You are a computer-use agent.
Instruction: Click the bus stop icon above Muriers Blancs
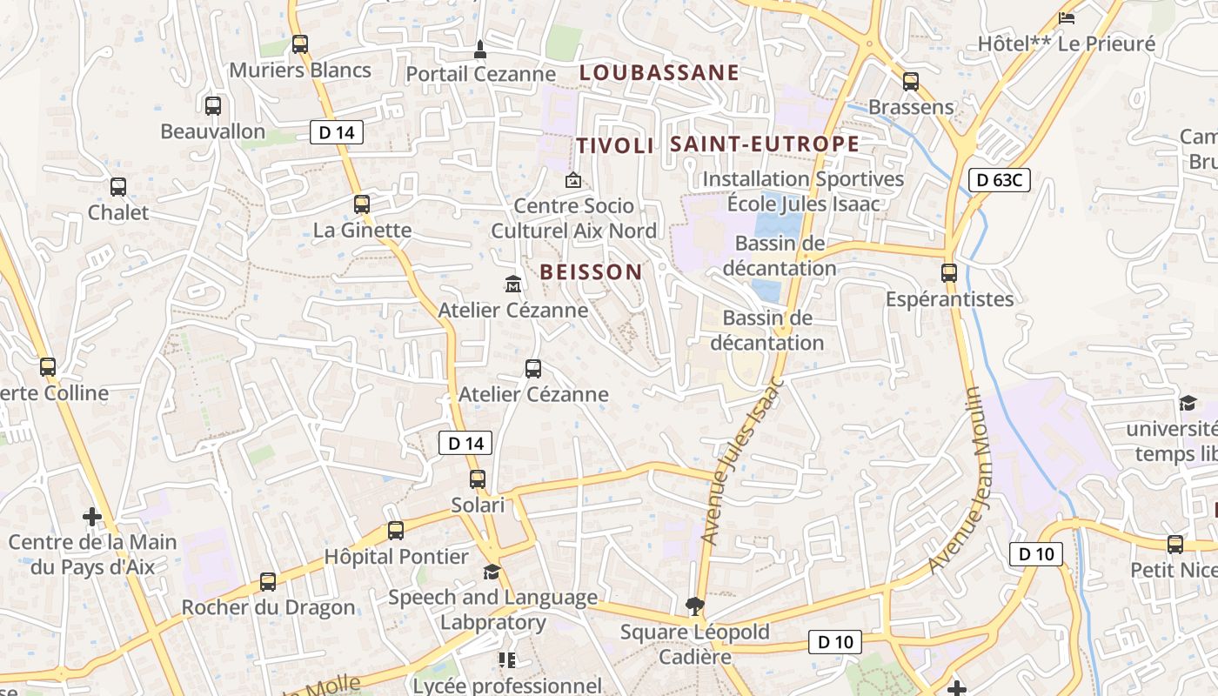tap(300, 44)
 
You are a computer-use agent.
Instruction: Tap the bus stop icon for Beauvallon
tap(213, 106)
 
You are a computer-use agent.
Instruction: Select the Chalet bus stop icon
tap(118, 187)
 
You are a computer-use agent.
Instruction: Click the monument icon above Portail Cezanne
tap(479, 49)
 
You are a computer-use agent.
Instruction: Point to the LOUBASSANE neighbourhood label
tap(659, 73)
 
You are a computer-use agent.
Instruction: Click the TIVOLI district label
tap(615, 145)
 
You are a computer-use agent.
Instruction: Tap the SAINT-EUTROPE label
tap(765, 144)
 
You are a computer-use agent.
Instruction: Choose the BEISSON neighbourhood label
tap(591, 271)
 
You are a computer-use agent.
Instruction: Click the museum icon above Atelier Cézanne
tap(513, 284)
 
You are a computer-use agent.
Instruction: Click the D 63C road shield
tap(1000, 181)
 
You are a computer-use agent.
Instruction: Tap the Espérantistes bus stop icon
tap(949, 273)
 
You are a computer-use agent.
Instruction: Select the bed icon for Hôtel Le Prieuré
tap(1067, 17)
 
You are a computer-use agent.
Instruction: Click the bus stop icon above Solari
tap(478, 479)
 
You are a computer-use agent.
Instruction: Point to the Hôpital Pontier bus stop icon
tap(396, 531)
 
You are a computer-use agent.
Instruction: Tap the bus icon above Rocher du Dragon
tap(268, 582)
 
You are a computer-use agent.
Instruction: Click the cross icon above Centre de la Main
tap(92, 517)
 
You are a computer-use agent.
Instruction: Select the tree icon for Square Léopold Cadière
tap(694, 606)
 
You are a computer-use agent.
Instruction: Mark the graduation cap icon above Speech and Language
tap(492, 572)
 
